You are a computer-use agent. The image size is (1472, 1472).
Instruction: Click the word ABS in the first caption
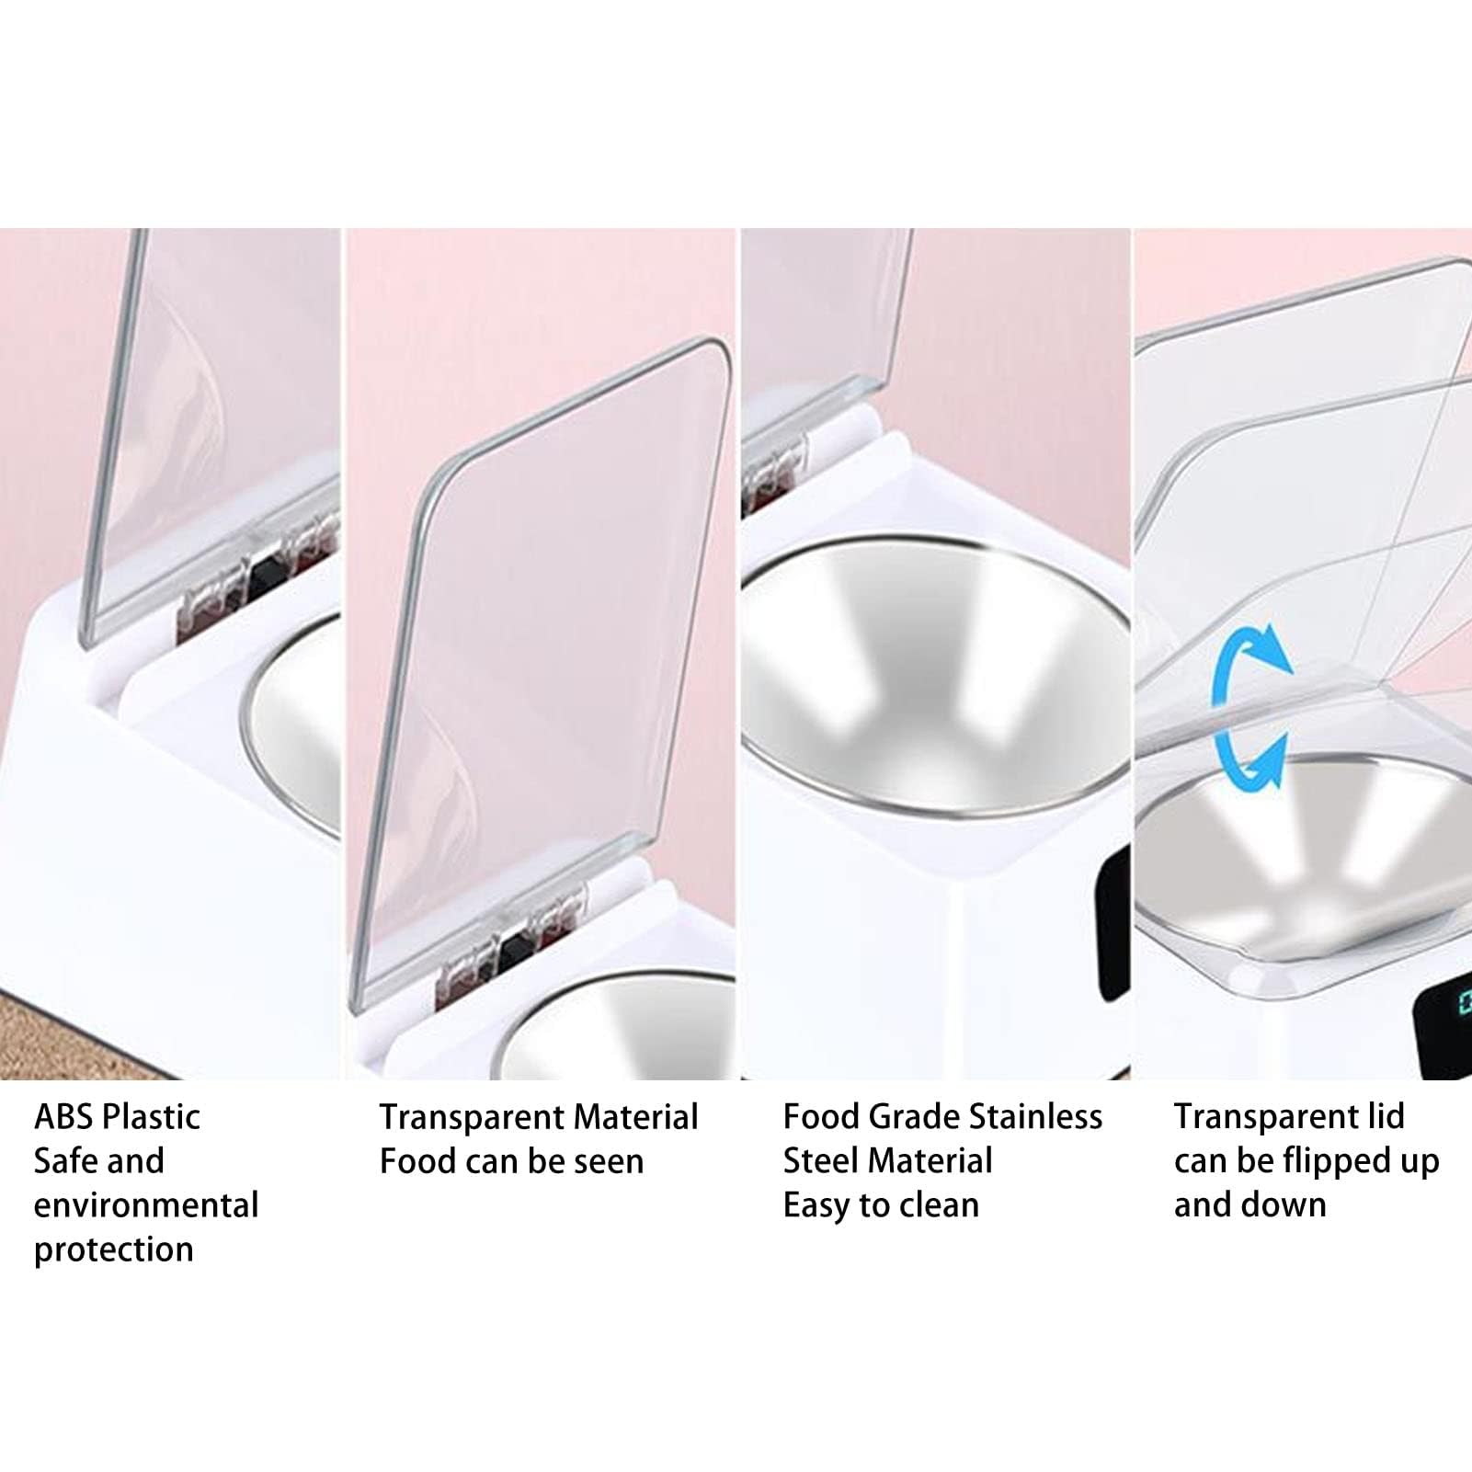(x=63, y=1117)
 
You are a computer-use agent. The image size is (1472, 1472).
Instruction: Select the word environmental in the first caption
(x=146, y=1205)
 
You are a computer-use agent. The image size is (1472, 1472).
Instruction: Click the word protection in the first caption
(x=114, y=1250)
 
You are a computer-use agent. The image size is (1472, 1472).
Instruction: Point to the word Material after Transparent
(x=632, y=1117)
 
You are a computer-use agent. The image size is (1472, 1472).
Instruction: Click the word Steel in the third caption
(x=821, y=1161)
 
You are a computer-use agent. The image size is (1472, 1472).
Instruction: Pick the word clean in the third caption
(x=940, y=1205)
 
